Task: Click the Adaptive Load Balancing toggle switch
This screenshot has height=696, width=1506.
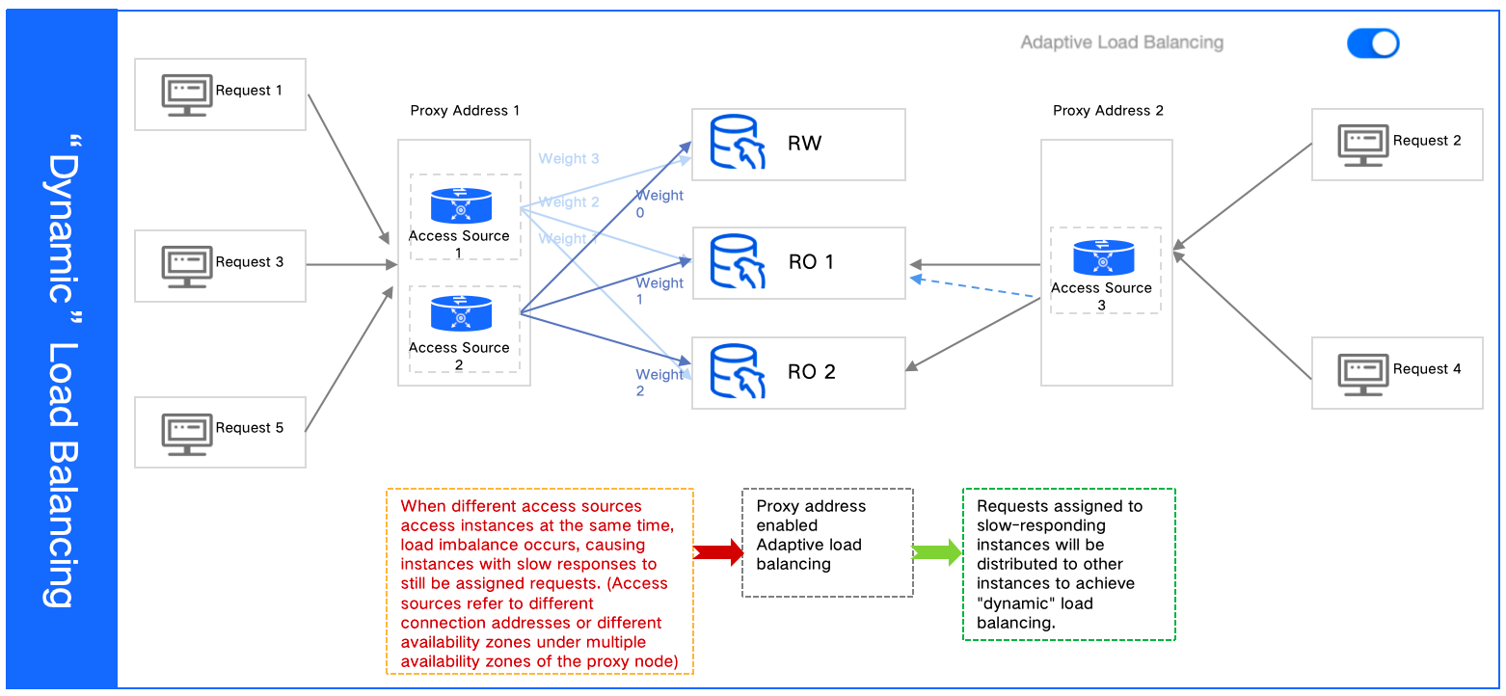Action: pyautogui.click(x=1372, y=43)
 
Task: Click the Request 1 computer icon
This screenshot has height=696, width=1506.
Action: pyautogui.click(x=186, y=94)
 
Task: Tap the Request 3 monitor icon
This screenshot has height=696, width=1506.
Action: pyautogui.click(x=186, y=265)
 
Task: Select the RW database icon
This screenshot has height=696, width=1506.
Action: pyautogui.click(x=738, y=144)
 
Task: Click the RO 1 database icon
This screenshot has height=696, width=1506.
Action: pyautogui.click(x=738, y=262)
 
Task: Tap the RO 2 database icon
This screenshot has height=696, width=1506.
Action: pyautogui.click(x=738, y=372)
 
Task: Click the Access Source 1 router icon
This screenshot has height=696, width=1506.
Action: pyautogui.click(x=460, y=205)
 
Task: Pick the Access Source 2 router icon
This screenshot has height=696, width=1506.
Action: pyautogui.click(x=460, y=315)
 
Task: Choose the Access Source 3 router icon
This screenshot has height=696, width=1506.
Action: pyautogui.click(x=1103, y=257)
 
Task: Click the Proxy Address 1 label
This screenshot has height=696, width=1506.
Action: pyautogui.click(x=465, y=111)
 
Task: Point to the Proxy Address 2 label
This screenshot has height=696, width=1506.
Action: pyautogui.click(x=1108, y=111)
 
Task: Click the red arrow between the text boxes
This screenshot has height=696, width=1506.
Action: pyautogui.click(x=718, y=552)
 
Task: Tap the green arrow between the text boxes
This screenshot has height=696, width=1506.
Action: pyautogui.click(x=937, y=552)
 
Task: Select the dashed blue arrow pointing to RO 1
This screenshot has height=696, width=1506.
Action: pyautogui.click(x=974, y=288)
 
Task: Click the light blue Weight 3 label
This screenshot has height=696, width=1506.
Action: pyautogui.click(x=568, y=159)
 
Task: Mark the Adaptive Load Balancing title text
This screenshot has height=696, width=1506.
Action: pyautogui.click(x=1121, y=43)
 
